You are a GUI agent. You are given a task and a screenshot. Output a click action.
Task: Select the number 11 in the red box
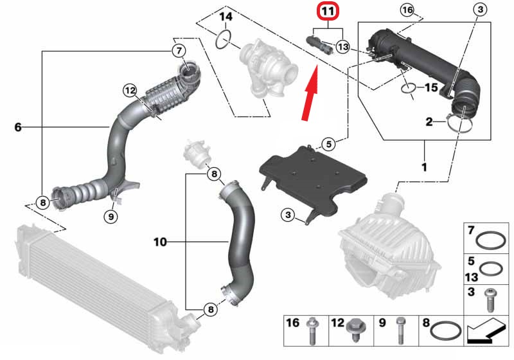pyautogui.click(x=327, y=12)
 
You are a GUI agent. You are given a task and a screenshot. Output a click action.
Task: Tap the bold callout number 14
pyautogui.click(x=226, y=16)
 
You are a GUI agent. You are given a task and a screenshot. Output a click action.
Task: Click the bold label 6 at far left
pyautogui.click(x=17, y=127)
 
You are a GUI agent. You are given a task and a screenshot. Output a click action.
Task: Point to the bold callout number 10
pyautogui.click(x=160, y=242)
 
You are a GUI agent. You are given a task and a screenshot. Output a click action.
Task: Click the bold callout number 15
pyautogui.click(x=430, y=86)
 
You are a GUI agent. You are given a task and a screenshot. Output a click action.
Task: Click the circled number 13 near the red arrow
pyautogui.click(x=342, y=47)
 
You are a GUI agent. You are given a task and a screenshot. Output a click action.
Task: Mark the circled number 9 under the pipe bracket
pyautogui.click(x=111, y=217)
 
